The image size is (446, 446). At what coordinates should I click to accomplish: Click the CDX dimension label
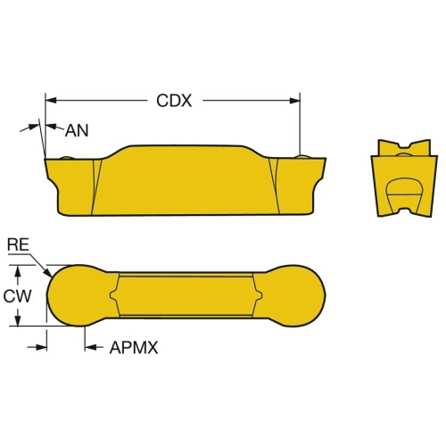coord(174,101)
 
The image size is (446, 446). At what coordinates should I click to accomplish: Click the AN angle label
coord(77,130)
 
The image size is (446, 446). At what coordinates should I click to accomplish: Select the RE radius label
coord(18,244)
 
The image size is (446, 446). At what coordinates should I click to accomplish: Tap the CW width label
coord(17,296)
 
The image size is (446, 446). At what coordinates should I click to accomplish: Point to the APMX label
coord(134,347)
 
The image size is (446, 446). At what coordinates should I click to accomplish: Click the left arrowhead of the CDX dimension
coord(51,100)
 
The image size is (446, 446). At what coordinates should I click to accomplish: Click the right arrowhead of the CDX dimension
coord(294,101)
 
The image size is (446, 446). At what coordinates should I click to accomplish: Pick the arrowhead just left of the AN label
coord(52,127)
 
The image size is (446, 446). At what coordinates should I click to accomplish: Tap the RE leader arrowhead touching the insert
coord(47,273)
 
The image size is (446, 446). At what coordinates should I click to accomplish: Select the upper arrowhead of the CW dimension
coord(18,271)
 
